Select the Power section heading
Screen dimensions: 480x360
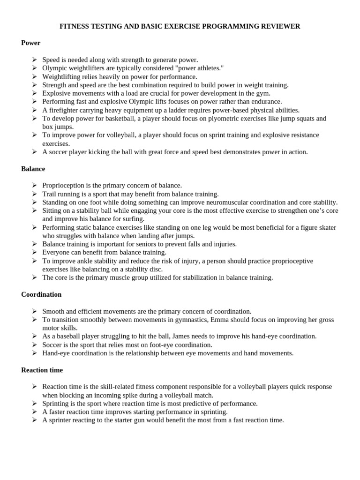31,43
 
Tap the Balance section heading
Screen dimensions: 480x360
33,169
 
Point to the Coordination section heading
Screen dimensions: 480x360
41,294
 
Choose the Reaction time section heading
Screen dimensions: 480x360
42,370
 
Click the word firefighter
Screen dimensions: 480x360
64,110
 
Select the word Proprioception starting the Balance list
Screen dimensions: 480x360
63,186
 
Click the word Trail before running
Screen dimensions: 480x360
49,194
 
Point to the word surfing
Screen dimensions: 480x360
134,219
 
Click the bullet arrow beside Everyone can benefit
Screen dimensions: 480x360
35,253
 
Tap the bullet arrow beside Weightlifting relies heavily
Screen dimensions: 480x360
35,76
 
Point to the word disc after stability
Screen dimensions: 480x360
157,269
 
